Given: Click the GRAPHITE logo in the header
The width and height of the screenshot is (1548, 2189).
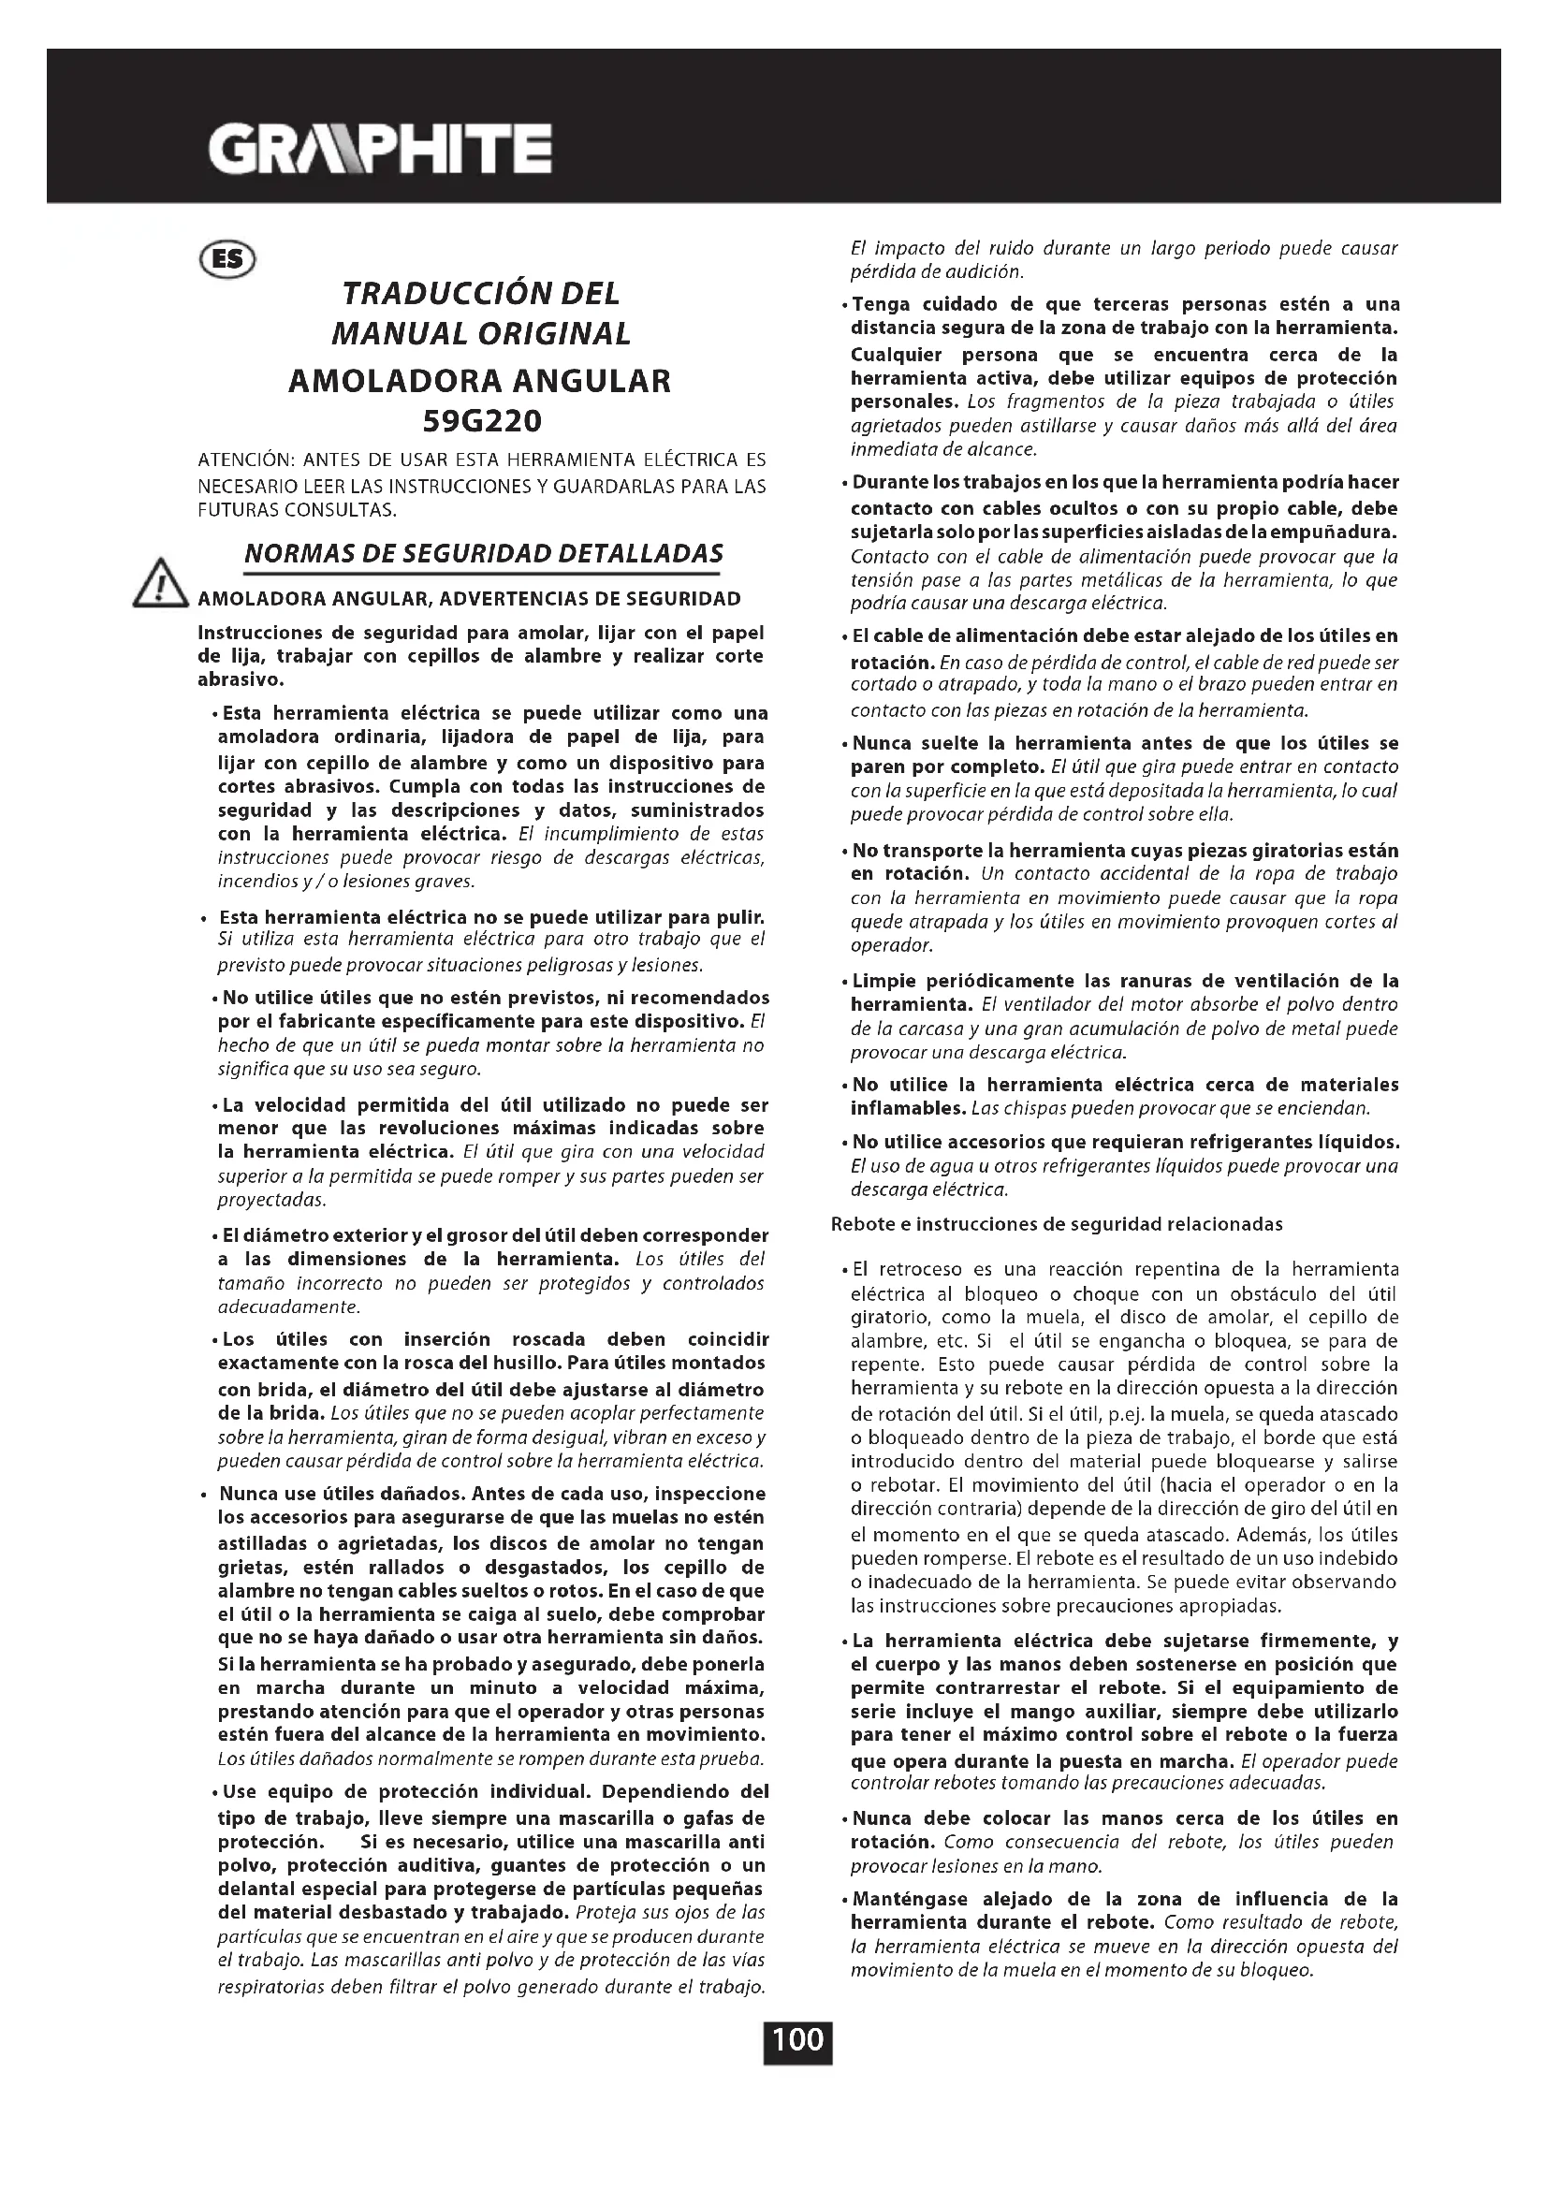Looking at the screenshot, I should (379, 149).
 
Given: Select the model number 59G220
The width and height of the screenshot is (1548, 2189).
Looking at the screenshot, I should (480, 420).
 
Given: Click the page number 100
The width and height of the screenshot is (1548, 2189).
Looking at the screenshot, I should (797, 2041).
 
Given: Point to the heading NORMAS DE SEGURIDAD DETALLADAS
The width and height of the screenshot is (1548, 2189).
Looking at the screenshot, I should (483, 554).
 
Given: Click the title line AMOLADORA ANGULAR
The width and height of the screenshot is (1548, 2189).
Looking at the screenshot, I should (479, 380).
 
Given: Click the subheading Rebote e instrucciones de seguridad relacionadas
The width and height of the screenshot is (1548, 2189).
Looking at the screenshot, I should (1057, 1223).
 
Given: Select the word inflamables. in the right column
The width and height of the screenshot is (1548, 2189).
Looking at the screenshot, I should (909, 1109).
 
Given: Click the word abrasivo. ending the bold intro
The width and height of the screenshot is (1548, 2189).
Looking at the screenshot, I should (241, 680).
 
